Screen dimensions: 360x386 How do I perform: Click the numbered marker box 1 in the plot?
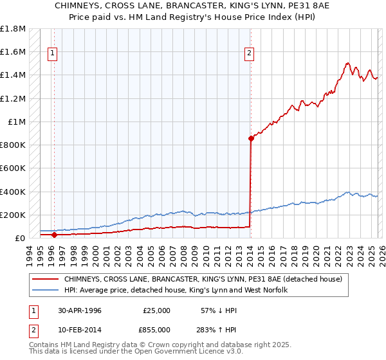tap(52, 54)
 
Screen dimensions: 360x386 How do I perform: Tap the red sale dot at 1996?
tap(54, 235)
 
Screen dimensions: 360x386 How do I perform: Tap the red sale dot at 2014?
tap(250, 138)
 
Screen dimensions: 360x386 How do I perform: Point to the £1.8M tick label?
tap(13, 29)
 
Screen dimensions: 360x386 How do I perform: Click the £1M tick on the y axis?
tap(17, 122)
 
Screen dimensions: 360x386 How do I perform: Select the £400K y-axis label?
tap(13, 192)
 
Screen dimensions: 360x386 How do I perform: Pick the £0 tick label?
tap(19, 238)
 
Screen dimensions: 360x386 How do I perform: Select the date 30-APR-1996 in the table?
tap(80, 310)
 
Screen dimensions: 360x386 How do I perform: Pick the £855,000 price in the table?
tap(157, 329)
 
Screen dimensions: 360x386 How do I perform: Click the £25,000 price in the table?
tap(157, 310)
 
